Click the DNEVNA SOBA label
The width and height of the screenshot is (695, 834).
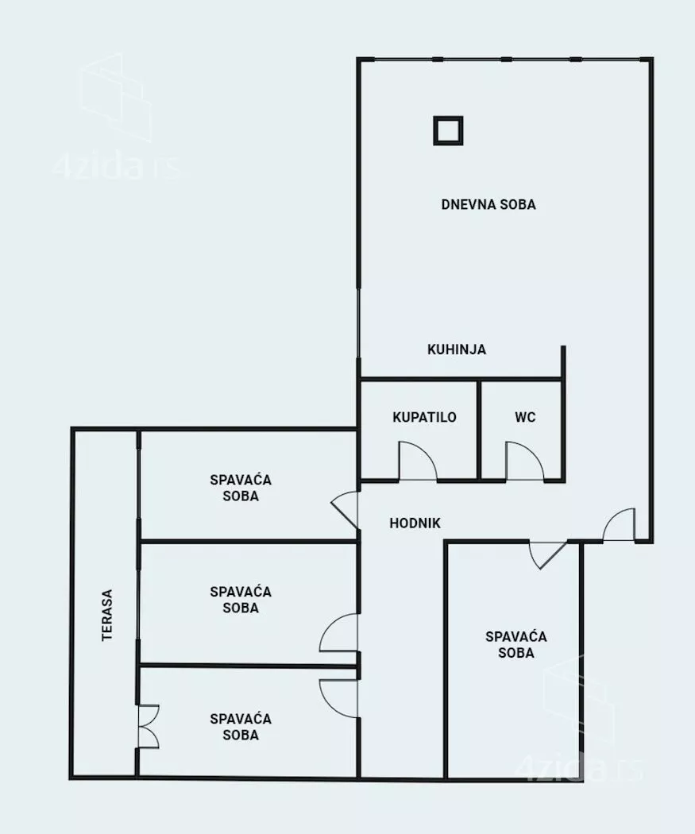488,204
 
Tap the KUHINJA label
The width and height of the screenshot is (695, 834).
457,349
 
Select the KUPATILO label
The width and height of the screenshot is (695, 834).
424,417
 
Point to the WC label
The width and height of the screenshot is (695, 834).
525,417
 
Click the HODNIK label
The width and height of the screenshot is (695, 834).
415,523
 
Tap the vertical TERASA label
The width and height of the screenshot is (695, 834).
107,615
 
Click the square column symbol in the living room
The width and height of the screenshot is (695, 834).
448,130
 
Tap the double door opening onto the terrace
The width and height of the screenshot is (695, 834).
148,727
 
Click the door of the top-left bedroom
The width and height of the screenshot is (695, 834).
344,510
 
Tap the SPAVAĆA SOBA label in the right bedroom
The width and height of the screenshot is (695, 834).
515,645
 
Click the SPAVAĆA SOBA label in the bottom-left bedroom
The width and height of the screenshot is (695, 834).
241,727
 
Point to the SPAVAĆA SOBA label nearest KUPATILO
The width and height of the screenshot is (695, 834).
241,488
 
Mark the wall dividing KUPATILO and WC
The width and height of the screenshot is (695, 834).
479,430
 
